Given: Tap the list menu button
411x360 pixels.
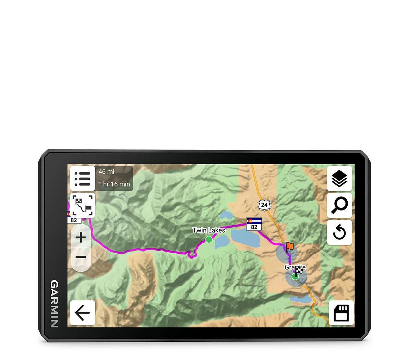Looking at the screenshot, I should tap(83, 179).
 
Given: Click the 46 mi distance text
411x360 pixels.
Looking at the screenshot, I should tap(106, 172).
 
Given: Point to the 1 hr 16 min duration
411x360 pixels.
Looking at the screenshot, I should tap(114, 184).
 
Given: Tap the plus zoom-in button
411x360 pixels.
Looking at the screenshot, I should tap(81, 237).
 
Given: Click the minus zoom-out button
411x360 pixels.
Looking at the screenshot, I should tap(81, 257).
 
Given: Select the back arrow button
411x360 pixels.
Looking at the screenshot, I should tap(82, 313).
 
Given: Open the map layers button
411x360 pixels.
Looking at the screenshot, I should tap(339, 179).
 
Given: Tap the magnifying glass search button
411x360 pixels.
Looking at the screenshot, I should tap(339, 205).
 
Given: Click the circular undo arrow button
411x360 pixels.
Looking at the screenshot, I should tap(339, 233).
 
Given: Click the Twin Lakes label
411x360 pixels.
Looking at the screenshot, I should tap(209, 230).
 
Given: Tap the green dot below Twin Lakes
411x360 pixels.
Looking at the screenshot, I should tap(209, 239).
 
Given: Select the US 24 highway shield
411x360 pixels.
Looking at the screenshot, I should tap(264, 205).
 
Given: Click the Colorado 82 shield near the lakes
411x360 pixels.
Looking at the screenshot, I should tap(254, 224).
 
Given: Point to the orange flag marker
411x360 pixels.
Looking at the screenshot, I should tap(290, 246).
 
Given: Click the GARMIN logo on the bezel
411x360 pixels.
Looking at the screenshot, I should tap(54, 304).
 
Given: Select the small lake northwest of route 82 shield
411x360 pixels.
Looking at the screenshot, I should tap(226, 215).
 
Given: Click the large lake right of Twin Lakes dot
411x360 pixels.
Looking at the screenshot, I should tap(246, 238).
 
